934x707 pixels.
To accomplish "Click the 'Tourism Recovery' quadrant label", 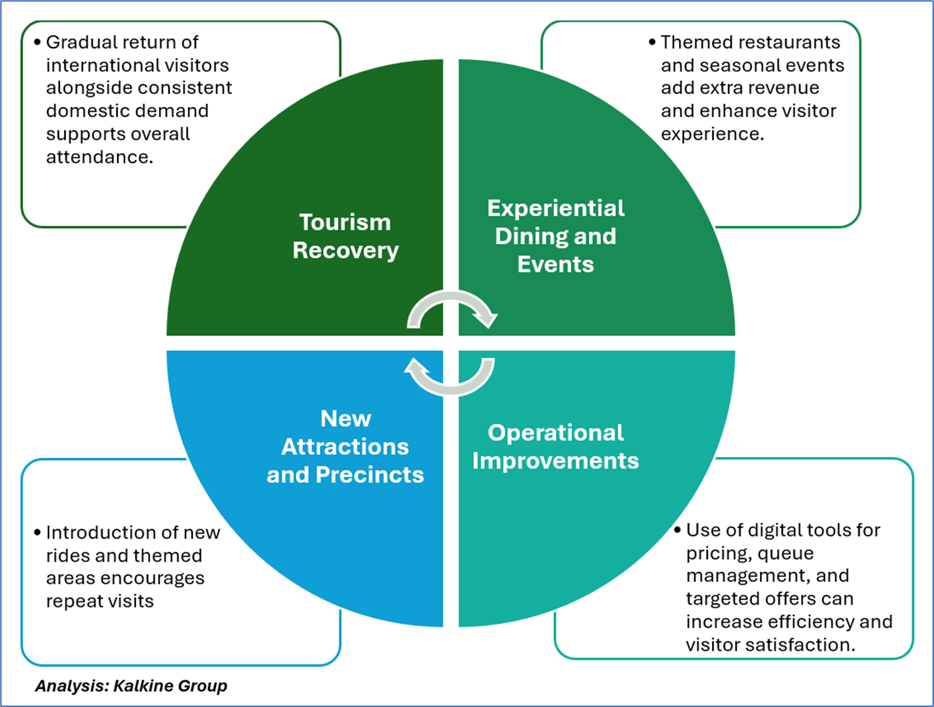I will click(345, 236).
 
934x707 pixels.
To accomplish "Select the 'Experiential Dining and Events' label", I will click(555, 236).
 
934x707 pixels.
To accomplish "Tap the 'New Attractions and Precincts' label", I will click(345, 446).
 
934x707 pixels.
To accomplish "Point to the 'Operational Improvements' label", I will click(555, 446).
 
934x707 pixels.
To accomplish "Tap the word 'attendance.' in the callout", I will click(99, 157).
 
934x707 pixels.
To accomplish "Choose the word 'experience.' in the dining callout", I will click(712, 134).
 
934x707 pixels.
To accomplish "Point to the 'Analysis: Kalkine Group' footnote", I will click(131, 686).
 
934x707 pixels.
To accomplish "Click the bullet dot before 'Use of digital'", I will click(678, 530).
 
